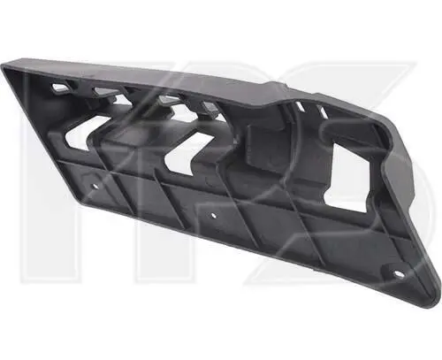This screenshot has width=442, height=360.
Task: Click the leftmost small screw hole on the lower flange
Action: [95, 186]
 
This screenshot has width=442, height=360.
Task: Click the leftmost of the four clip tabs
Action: [59, 87]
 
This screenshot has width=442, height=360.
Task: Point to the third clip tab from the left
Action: [165, 100]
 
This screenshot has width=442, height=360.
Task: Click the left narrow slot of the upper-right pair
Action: [300, 106]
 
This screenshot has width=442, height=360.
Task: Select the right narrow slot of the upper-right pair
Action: [323, 112]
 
